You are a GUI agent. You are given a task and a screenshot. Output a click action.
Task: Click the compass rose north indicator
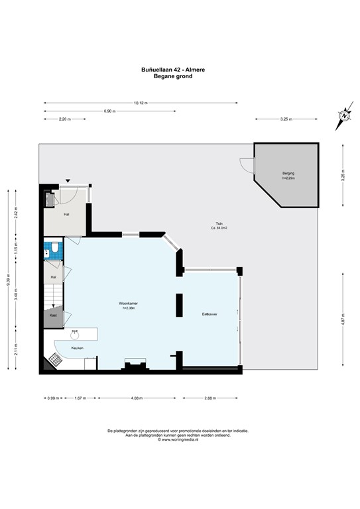point(344,115)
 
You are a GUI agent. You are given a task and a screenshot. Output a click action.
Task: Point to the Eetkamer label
point(210,313)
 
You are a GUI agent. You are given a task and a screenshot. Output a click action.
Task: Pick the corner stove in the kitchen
point(53,359)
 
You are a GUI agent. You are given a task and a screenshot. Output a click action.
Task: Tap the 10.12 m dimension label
point(141,103)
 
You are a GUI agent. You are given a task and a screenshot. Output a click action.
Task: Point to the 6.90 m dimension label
point(108,111)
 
